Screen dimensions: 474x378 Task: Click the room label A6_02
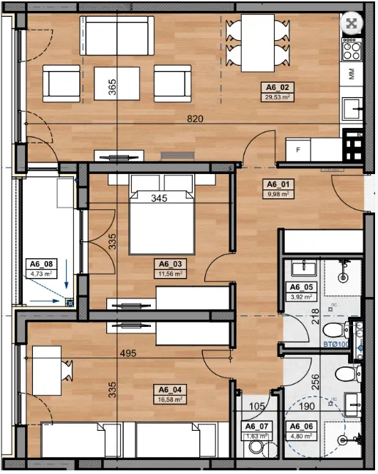pyautogui.click(x=277, y=86)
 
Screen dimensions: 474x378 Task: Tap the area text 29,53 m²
pyautogui.click(x=277, y=96)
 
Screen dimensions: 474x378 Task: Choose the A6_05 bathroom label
pyautogui.click(x=302, y=287)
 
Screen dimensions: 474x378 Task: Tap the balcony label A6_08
pyautogui.click(x=40, y=265)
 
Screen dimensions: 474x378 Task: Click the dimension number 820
pyautogui.click(x=194, y=118)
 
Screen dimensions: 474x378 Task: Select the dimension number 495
pyautogui.click(x=130, y=353)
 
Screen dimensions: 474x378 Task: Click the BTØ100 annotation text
pyautogui.click(x=335, y=343)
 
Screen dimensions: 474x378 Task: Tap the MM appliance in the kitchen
pyautogui.click(x=352, y=75)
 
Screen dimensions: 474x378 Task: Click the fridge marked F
pyautogui.click(x=297, y=150)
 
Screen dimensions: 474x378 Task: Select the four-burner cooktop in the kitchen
pyautogui.click(x=352, y=50)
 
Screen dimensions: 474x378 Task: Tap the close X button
pyautogui.click(x=353, y=23)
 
